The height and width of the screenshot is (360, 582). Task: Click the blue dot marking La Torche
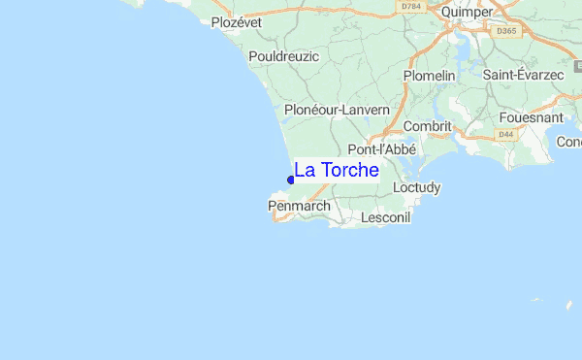(x=291, y=180)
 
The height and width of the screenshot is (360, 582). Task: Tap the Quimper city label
(x=467, y=12)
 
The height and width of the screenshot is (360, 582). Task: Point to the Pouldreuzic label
(x=283, y=57)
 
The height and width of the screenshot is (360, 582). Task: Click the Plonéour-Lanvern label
(x=337, y=111)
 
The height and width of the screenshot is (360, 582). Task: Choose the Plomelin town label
(x=430, y=75)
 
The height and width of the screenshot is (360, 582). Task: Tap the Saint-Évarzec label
(x=523, y=75)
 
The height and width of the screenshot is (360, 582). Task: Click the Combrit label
(x=427, y=127)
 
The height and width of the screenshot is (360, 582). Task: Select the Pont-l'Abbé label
(x=382, y=150)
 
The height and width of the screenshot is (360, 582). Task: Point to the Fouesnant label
(x=532, y=118)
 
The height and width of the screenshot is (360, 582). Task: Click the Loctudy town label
(x=417, y=187)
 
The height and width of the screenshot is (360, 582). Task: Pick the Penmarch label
(x=299, y=207)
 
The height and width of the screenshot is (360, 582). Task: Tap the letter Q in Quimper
(x=446, y=12)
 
